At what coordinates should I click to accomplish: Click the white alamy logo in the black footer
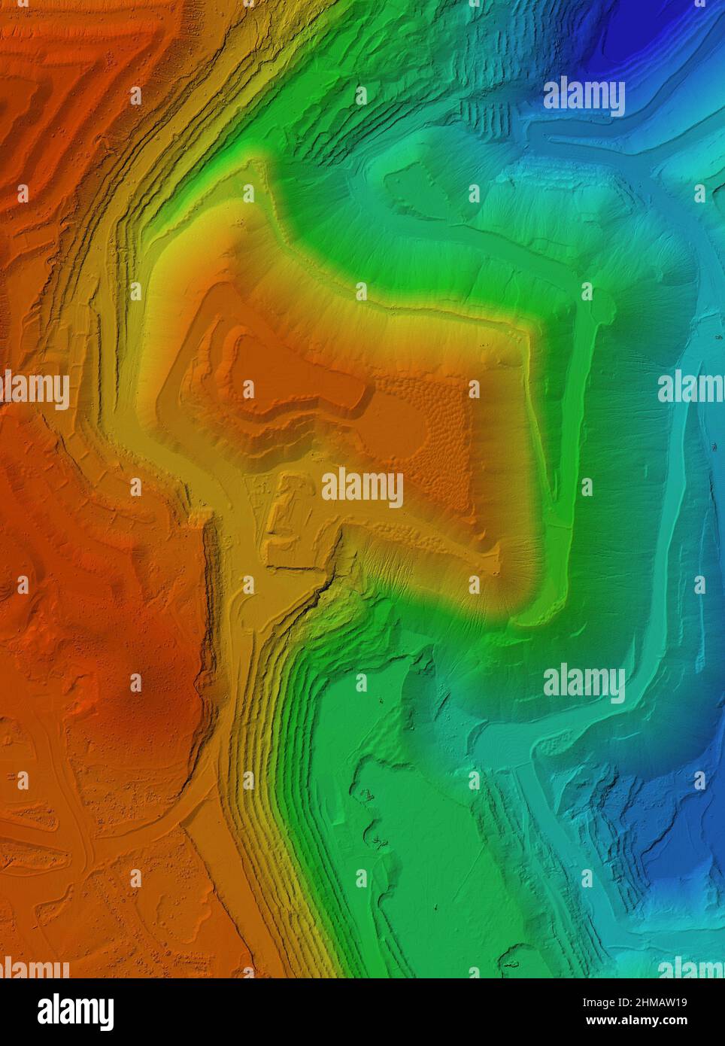[x=75, y=1011]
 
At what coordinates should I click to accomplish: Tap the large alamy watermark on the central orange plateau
[x=362, y=488]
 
